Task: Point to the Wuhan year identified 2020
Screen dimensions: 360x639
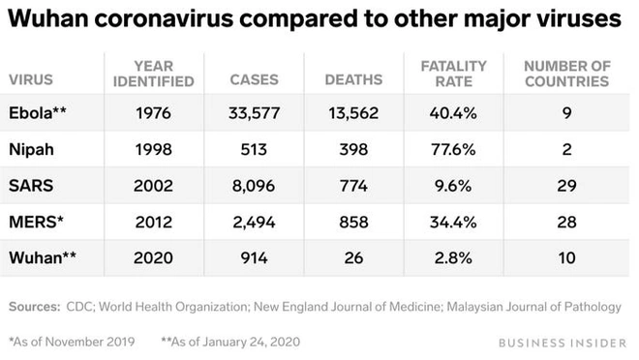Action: click(x=154, y=258)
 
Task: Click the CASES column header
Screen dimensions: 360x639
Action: click(x=254, y=80)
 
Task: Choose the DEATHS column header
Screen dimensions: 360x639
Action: click(x=352, y=80)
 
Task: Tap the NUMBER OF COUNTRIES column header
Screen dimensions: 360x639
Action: click(x=566, y=74)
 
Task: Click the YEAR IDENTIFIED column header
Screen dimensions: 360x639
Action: click(x=154, y=74)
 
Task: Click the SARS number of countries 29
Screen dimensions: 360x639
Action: click(x=566, y=186)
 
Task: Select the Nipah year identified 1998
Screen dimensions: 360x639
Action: click(x=154, y=149)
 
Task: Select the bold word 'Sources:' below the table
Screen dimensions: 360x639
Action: click(x=35, y=307)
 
